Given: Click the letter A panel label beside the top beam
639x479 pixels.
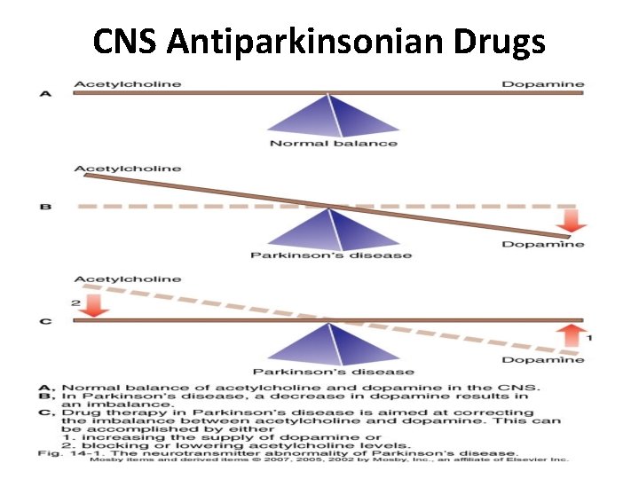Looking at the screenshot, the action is coord(44,92).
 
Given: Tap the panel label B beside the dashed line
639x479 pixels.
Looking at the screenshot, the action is coord(44,208).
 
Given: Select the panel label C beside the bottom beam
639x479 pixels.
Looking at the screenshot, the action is coord(44,320).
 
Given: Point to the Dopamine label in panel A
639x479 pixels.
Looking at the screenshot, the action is coord(543,84).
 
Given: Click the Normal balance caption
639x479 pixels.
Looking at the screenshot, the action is coord(333,144).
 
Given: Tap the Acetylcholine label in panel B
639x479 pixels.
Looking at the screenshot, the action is coord(128,169).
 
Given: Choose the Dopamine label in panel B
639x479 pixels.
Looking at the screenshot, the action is coord(543,245).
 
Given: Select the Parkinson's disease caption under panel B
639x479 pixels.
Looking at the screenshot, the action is coord(330,255).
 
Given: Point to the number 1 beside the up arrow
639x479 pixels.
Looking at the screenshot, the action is coord(590,338).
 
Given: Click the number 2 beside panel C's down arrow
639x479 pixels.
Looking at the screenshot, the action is coord(77,302).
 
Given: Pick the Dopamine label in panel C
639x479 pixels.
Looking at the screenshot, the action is coord(543,360).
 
